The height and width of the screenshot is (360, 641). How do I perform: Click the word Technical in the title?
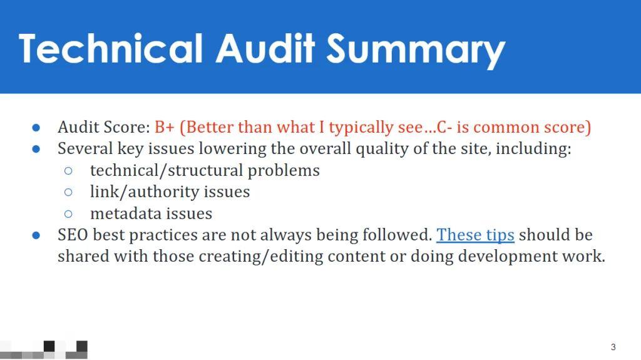click(110, 49)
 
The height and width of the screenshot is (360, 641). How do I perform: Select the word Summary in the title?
click(416, 51)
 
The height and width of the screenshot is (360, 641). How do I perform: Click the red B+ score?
click(165, 127)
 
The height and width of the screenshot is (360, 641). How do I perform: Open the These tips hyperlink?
click(475, 235)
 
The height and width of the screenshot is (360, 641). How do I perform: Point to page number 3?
click(613, 347)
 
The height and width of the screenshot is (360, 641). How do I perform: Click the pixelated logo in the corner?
click(44, 349)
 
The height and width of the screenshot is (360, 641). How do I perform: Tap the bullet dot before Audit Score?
click(36, 128)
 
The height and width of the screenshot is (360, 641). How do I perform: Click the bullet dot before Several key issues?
click(36, 149)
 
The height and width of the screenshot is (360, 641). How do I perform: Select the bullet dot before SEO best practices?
click(36, 235)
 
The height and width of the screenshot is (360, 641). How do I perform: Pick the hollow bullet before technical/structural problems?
click(68, 170)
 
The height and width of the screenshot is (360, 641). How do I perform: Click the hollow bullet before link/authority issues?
click(68, 192)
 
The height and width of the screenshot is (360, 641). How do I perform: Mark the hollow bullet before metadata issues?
click(68, 213)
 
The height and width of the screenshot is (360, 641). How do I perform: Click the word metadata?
click(125, 213)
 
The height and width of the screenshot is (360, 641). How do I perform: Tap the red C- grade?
click(444, 127)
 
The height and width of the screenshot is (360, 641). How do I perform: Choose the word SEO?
click(73, 235)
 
